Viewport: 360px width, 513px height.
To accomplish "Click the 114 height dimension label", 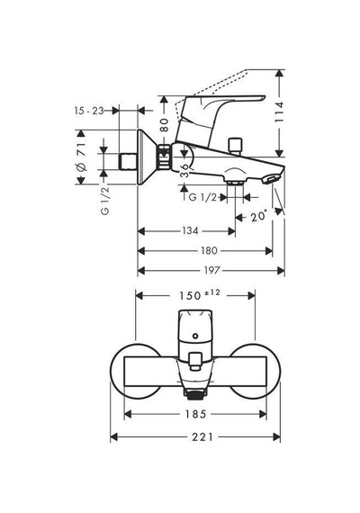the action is (279, 112).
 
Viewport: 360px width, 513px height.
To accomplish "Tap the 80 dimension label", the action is (165, 125).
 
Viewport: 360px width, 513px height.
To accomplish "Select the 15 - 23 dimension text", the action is (89, 111).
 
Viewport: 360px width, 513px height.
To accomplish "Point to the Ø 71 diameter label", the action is (82, 157).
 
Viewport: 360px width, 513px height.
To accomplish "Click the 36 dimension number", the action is (185, 170).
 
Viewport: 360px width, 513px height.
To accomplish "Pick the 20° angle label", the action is (259, 216).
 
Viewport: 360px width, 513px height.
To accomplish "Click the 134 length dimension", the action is (190, 231).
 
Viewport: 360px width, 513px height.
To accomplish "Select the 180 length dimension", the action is (209, 250).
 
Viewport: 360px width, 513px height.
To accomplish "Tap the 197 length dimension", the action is (211, 271).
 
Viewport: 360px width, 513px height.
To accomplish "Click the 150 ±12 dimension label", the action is (200, 295).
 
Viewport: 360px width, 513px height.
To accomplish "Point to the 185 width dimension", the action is (195, 414).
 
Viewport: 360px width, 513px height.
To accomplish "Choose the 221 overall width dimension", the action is (202, 436).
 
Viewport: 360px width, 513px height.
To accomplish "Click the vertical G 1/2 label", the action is (105, 200).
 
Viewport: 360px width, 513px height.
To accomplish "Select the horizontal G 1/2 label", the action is (202, 197).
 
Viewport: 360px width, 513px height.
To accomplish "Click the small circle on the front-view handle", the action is (195, 336).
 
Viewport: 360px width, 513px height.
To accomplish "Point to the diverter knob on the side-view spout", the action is (236, 146).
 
